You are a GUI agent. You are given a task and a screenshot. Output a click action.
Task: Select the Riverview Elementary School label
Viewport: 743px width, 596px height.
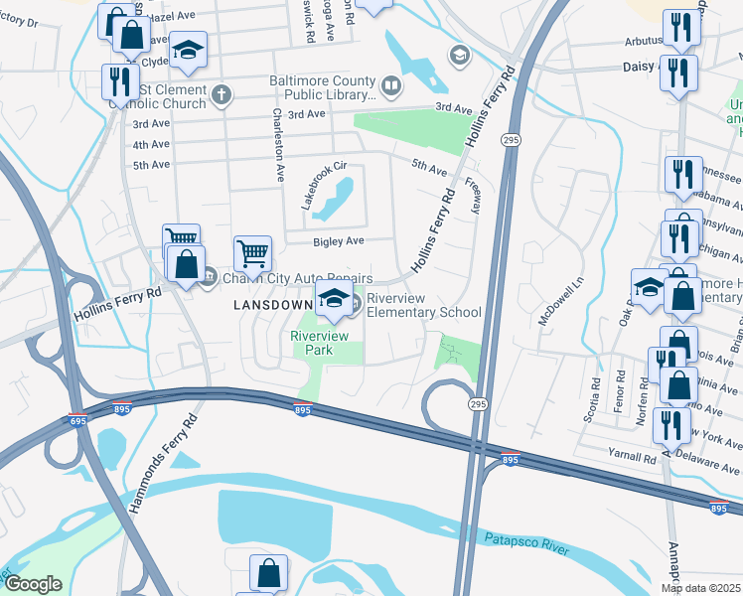[x=424, y=305]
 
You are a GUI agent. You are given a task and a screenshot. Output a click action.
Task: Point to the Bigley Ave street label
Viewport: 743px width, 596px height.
[x=340, y=240]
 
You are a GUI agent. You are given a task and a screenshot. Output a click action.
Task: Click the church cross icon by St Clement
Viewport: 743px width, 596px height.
[x=221, y=95]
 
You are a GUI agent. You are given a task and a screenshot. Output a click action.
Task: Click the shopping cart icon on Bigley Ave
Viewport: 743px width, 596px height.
[x=253, y=253]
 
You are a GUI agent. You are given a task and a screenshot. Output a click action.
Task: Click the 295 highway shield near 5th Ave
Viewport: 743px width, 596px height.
[x=510, y=142]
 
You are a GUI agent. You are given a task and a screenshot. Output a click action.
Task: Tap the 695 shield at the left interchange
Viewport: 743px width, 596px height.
[x=78, y=420]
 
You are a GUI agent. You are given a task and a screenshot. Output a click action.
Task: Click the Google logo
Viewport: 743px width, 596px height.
[x=33, y=584]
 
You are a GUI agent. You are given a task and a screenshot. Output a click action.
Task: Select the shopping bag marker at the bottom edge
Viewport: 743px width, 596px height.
[x=268, y=573]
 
